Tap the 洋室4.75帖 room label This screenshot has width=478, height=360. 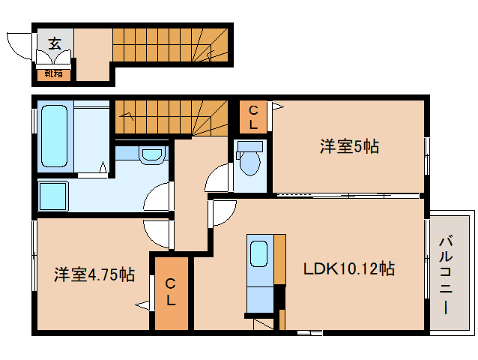pos(94,275)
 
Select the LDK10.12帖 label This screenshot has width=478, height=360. pos(349,268)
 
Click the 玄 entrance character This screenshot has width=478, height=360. pos(55,43)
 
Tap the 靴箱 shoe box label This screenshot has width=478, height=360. pos(53,73)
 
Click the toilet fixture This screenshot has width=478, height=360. pos(248,160)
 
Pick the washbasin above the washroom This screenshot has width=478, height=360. pos(151,155)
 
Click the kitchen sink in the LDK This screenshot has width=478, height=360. pos(258,253)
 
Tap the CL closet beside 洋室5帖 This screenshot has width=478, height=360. pos(253,118)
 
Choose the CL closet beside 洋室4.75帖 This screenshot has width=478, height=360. pos(171,293)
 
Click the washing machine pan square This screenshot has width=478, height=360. pos(55,196)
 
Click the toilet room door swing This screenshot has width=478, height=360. pos(217,178)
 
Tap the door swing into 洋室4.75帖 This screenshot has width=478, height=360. pos(159,235)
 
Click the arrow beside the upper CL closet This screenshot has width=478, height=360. pos(276,107)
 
